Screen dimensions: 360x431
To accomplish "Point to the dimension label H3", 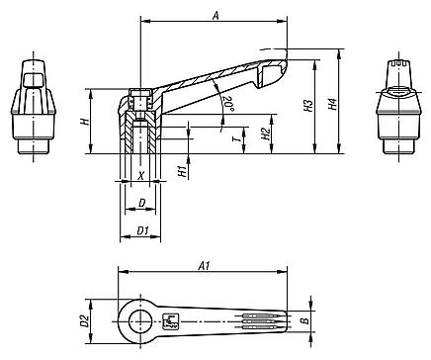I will tap(308, 106).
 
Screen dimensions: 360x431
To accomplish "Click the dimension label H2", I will tap(265, 133).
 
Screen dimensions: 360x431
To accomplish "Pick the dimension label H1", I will tap(182, 170).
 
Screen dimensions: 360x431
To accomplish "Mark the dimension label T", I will tap(234, 140).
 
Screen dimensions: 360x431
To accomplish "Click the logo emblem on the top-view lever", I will tap(170, 319).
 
